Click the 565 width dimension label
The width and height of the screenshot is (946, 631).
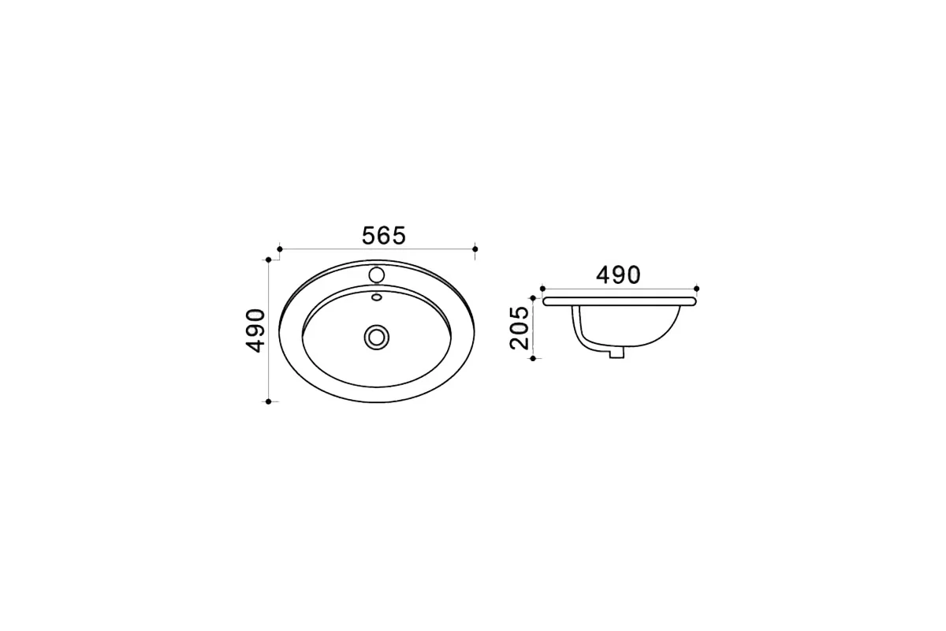click(384, 236)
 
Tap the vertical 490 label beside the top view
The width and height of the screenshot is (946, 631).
click(255, 331)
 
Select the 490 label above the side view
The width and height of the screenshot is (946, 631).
click(618, 275)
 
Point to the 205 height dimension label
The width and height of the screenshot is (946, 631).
click(520, 328)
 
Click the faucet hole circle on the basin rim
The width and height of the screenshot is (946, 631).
click(377, 274)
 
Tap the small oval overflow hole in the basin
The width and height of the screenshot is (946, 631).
click(377, 297)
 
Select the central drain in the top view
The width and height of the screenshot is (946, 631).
click(377, 338)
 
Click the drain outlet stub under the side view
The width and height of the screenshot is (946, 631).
click(616, 353)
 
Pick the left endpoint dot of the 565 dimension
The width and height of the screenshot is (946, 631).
click(280, 249)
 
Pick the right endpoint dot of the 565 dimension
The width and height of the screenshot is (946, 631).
click(475, 249)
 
